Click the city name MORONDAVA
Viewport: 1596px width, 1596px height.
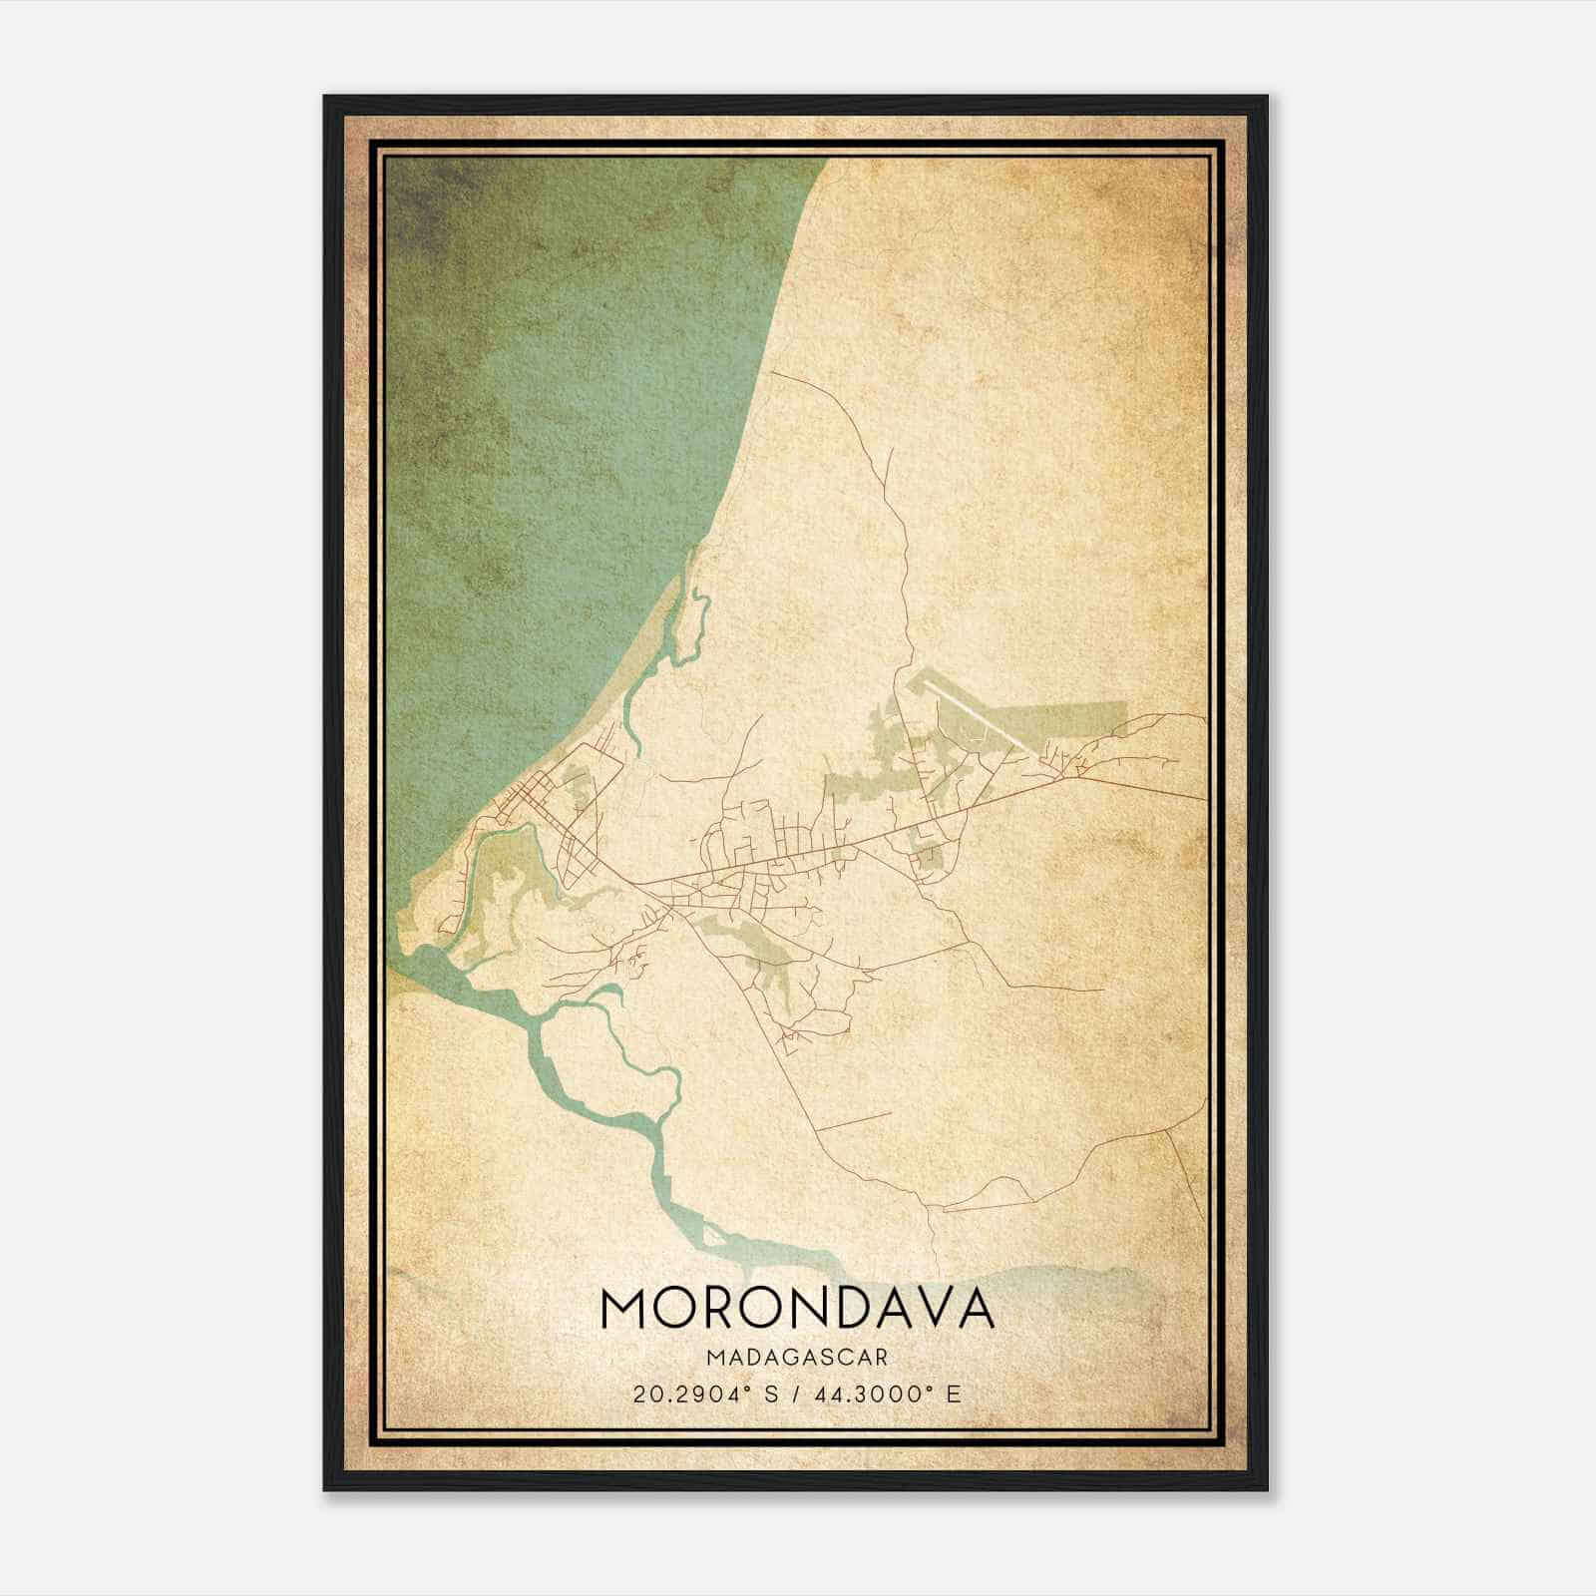pyautogui.click(x=798, y=1309)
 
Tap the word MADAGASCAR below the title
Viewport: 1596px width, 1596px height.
pyautogui.click(x=798, y=1358)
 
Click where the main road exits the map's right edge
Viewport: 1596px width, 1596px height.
pyautogui.click(x=1201, y=798)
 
